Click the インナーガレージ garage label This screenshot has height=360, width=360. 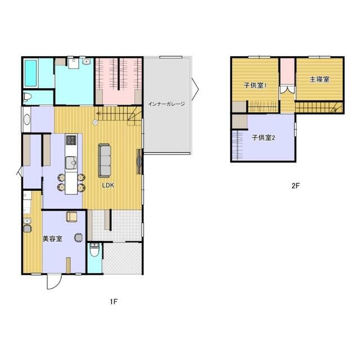tap(166, 103)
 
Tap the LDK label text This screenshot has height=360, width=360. tap(108, 186)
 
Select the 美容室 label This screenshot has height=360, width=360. tap(52, 238)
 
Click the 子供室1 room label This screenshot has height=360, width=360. tap(255, 85)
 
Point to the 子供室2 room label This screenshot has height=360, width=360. tap(263, 138)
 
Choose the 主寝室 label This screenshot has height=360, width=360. tap(319, 79)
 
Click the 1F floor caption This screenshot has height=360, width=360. tap(114, 301)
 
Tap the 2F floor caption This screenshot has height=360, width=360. tap(296, 186)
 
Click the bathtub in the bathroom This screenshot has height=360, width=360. tap(30, 73)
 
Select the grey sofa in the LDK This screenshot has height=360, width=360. tap(104, 160)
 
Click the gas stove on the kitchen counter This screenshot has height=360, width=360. tap(71, 140)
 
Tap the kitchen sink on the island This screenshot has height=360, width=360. tap(71, 163)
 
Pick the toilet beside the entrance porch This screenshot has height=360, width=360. tap(94, 250)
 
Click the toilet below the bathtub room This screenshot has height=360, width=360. tap(28, 97)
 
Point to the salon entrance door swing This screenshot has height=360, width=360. tap(54, 282)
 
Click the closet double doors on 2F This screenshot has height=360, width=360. tap(287, 89)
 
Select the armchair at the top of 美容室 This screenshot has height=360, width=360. tap(71, 217)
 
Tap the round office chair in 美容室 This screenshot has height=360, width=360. tap(78, 237)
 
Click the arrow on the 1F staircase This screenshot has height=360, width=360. tap(111, 113)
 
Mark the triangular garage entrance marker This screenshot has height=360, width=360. tap(195, 89)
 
